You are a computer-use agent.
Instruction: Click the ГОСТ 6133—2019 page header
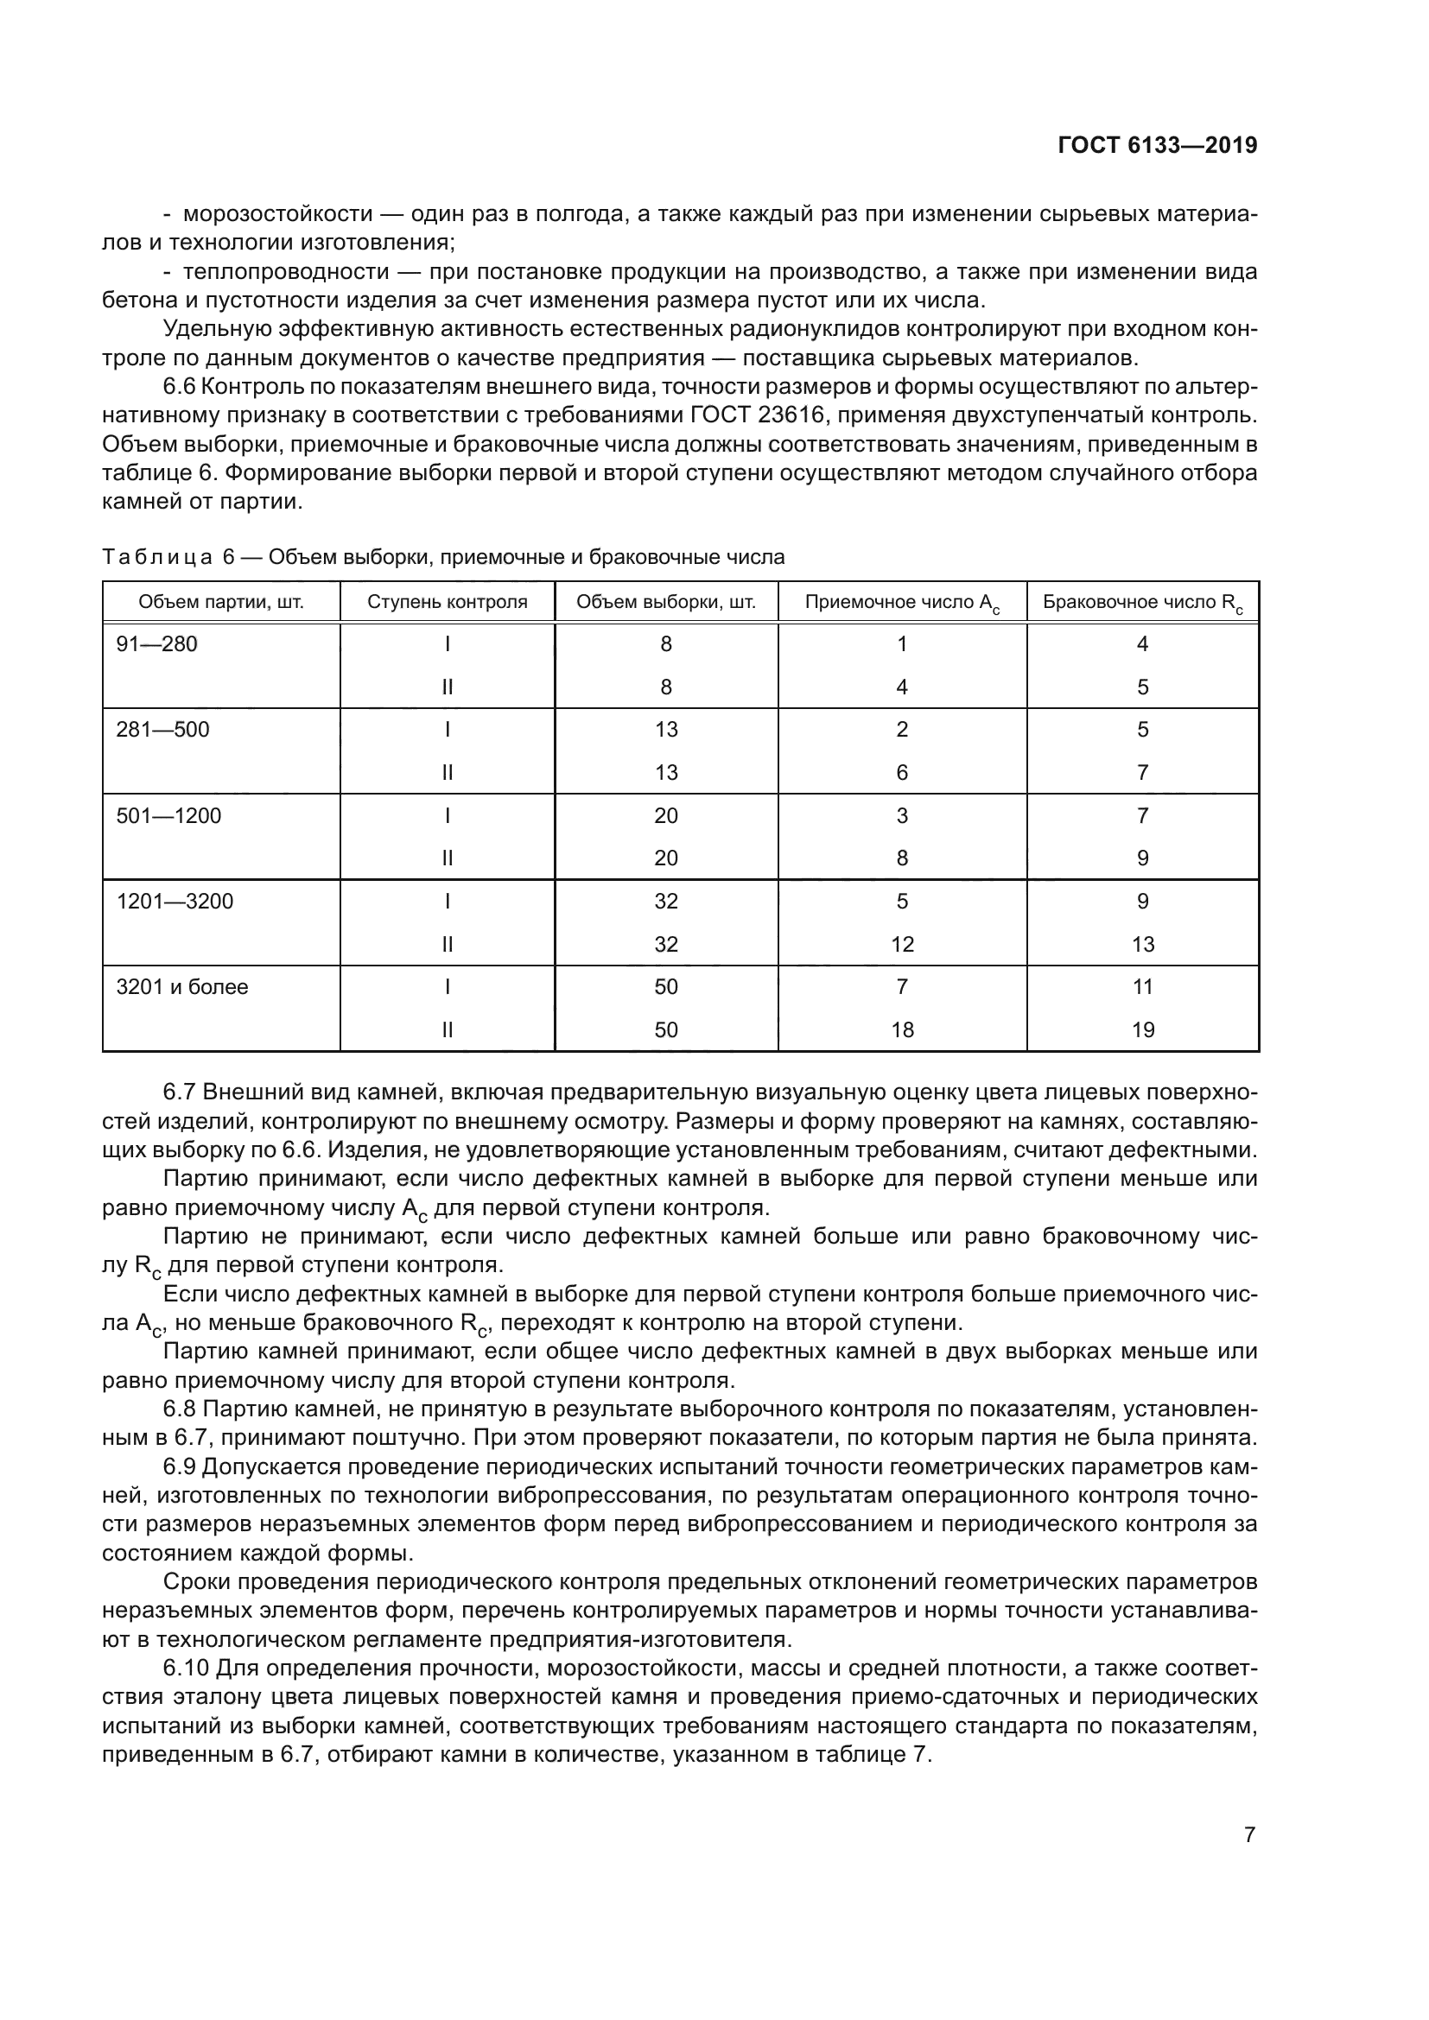pyautogui.click(x=1157, y=146)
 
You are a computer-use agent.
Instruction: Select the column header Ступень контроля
pyautogui.click(x=447, y=602)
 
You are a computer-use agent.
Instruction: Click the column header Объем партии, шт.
pyautogui.click(x=221, y=602)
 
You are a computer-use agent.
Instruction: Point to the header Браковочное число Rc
pyautogui.click(x=1142, y=603)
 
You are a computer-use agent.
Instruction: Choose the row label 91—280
pyautogui.click(x=156, y=644)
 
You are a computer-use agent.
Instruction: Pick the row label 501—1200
pyautogui.click(x=169, y=815)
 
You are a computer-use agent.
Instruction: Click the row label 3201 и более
pyautogui.click(x=182, y=987)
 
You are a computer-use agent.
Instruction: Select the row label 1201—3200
pyautogui.click(x=175, y=901)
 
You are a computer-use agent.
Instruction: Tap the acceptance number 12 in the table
pyautogui.click(x=902, y=944)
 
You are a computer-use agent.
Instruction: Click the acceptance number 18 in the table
pyautogui.click(x=902, y=1029)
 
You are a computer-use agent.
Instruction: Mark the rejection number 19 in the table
pyautogui.click(x=1142, y=1029)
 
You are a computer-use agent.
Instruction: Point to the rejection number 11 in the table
pyautogui.click(x=1142, y=987)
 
